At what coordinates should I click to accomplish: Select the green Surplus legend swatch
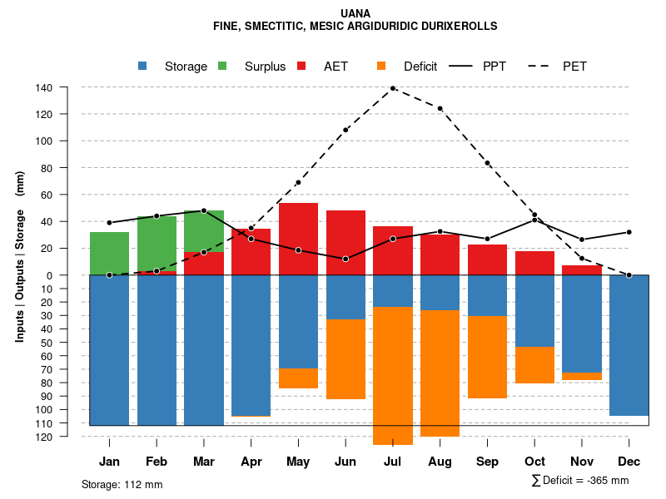click(222, 66)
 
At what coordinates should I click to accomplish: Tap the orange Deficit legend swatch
click(381, 66)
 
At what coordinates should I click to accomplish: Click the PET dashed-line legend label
click(574, 67)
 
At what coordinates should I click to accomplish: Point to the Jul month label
click(392, 462)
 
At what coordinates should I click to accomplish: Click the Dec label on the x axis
click(629, 462)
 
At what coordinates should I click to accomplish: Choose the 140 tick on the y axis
click(44, 87)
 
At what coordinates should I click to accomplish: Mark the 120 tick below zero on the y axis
click(44, 437)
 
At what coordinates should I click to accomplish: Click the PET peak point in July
click(393, 88)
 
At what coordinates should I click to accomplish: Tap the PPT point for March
click(204, 210)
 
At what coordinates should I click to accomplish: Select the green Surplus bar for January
click(109, 254)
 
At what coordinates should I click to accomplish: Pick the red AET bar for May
click(298, 239)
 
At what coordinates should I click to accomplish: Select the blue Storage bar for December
click(629, 345)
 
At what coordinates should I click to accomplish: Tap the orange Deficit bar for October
click(534, 365)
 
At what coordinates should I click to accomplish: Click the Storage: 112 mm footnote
click(122, 484)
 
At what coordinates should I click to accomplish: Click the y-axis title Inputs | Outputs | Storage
click(20, 256)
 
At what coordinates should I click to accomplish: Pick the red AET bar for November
click(582, 270)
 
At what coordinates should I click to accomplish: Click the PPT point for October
click(534, 220)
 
